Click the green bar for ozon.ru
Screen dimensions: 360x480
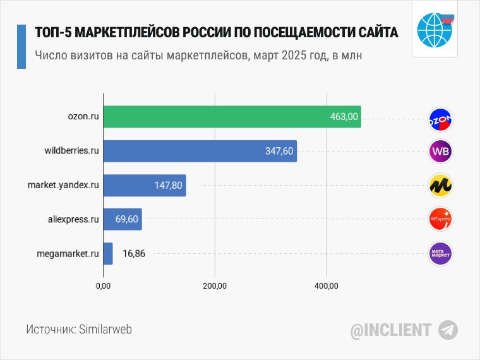[x=231, y=117]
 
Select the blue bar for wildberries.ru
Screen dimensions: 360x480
[x=200, y=152]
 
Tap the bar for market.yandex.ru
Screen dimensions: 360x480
[x=144, y=186]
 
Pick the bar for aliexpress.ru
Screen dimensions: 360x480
[x=122, y=220]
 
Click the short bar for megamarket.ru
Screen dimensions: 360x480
[x=107, y=254]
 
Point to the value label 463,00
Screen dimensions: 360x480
[x=344, y=117]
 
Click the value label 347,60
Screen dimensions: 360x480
[x=279, y=152]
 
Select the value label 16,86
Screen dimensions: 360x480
[x=134, y=254]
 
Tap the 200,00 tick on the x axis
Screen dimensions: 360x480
[x=215, y=287]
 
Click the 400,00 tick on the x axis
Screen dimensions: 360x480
[x=326, y=287]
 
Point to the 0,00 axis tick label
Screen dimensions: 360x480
[x=103, y=287]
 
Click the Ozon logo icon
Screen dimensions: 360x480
[x=441, y=118]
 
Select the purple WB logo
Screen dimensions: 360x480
[x=441, y=152]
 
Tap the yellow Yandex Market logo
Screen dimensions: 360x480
[x=441, y=186]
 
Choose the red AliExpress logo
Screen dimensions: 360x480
[x=441, y=220]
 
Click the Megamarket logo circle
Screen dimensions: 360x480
[x=441, y=254]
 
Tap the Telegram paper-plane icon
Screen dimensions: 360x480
[x=448, y=330]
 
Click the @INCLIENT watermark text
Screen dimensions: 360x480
[x=391, y=330]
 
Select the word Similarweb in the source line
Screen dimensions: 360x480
[x=105, y=330]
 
